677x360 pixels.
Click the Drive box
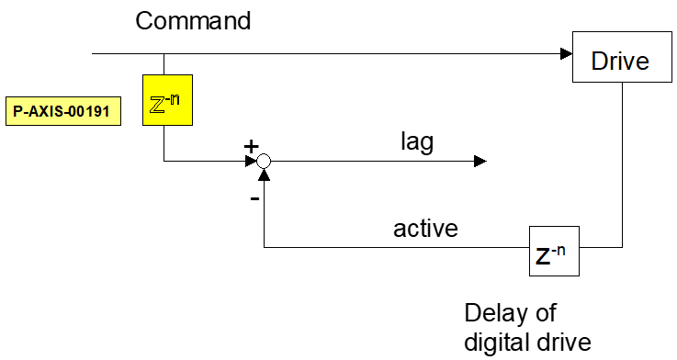pos(622,57)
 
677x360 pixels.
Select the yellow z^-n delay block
pos(167,100)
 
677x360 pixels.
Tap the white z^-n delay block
pos(555,252)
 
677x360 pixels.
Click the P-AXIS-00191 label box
pos(63,111)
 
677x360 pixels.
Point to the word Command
pos(193,20)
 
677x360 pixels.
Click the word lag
pos(417,142)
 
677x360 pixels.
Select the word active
pos(425,229)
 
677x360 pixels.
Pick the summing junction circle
pos(264,161)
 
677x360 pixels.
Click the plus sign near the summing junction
pos(251,147)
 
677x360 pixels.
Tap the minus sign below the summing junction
pos(254,198)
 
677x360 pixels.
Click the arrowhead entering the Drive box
pos(567,54)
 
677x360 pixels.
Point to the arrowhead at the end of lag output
pos(480,161)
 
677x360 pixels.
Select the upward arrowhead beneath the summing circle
pos(264,174)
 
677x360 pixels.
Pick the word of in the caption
pos(547,312)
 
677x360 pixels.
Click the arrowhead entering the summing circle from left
pos(252,161)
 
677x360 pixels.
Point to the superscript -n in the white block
pos(559,250)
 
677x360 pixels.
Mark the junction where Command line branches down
pos(164,54)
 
